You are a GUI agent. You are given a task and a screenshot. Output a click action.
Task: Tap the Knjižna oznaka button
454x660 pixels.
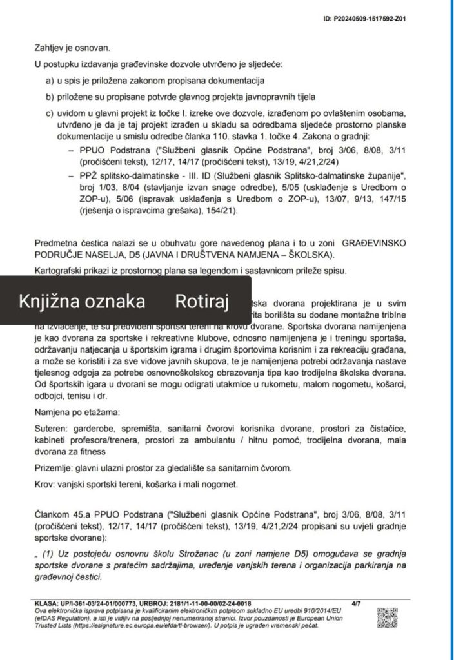81,302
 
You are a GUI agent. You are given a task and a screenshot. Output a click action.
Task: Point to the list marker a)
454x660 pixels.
49,81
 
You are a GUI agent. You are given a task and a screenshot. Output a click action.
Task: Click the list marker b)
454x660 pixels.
49,97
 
